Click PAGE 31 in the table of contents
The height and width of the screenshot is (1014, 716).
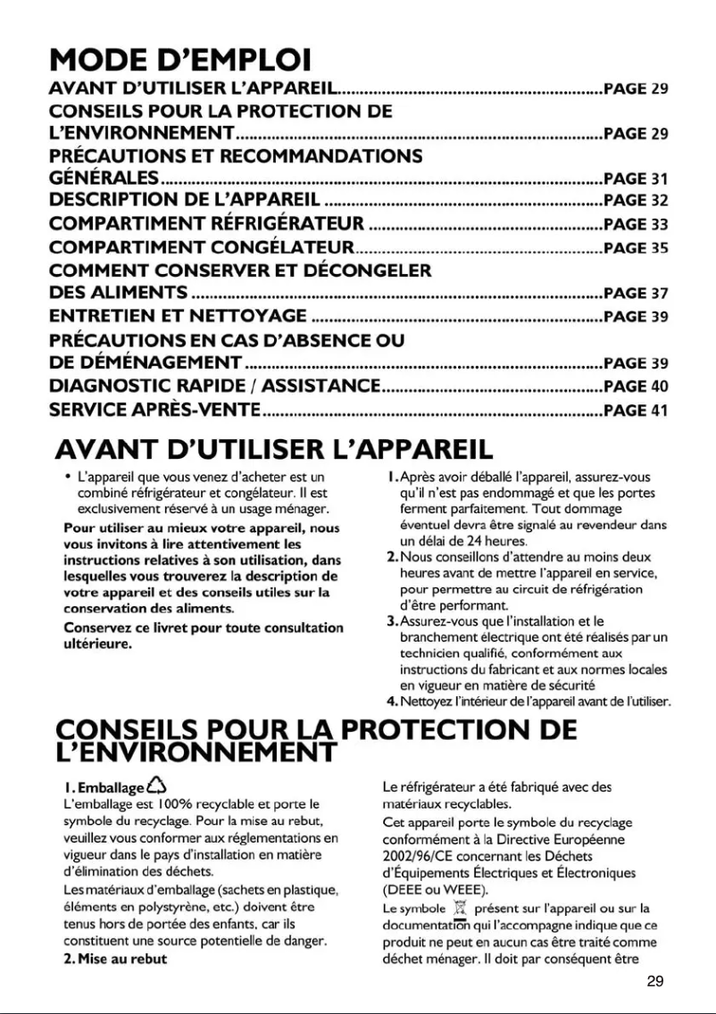point(636,179)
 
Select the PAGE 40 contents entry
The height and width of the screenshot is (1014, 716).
point(636,386)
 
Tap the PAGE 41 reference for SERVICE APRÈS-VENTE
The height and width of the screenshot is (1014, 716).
point(636,411)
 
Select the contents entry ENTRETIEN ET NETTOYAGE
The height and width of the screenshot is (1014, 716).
point(178,316)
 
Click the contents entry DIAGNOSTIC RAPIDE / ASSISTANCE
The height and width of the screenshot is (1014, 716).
point(214,386)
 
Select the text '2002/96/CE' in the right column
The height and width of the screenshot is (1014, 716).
point(415,855)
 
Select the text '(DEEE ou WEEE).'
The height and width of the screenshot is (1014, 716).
point(430,888)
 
